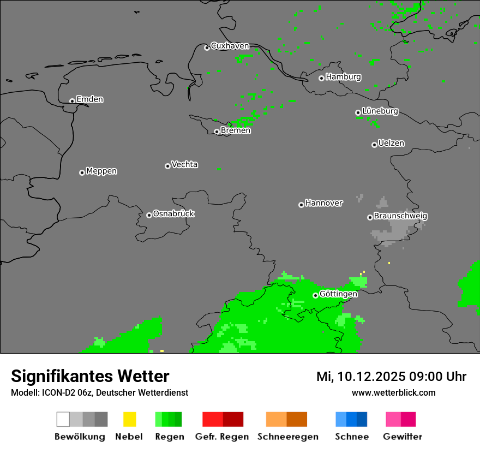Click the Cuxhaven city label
click(x=230, y=46)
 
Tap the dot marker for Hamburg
click(x=321, y=78)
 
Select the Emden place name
click(x=89, y=99)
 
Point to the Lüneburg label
click(x=380, y=111)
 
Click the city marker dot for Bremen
click(x=217, y=132)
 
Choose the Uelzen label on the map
click(x=391, y=143)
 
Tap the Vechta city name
click(x=184, y=164)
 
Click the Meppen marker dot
click(x=82, y=172)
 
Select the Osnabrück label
click(x=173, y=213)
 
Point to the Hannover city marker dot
click(x=301, y=205)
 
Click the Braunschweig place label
click(x=400, y=216)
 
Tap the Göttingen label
click(x=338, y=294)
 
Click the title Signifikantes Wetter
click(x=90, y=376)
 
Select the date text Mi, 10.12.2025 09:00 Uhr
click(x=391, y=377)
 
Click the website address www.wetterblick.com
click(x=393, y=392)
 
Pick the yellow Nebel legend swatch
click(x=129, y=419)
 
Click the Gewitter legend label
click(x=402, y=437)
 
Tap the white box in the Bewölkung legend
click(x=63, y=419)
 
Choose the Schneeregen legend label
click(x=287, y=437)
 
